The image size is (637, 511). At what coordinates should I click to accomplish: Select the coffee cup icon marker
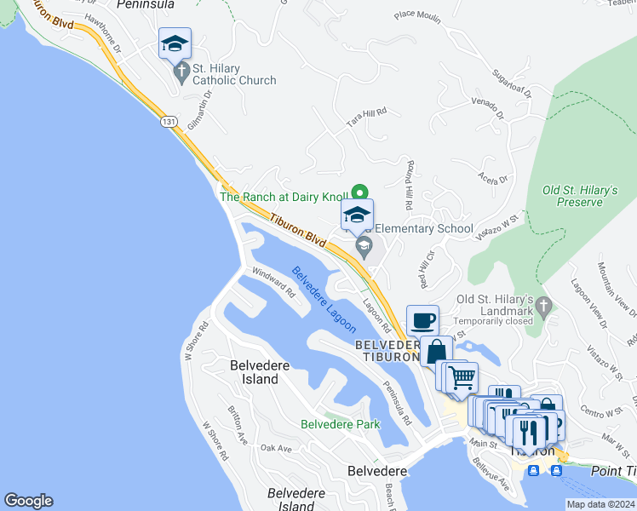tap(422, 321)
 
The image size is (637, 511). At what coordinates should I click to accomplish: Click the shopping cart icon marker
tap(462, 376)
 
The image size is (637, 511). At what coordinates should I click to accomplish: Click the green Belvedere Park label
tap(340, 423)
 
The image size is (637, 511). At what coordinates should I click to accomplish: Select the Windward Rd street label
tap(273, 283)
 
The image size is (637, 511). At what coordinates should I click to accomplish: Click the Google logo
tap(28, 501)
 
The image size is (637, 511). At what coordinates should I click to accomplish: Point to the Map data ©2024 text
tap(599, 504)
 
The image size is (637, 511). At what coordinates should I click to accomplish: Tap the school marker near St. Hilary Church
tap(175, 43)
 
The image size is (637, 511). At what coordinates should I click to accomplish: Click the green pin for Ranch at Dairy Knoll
tap(359, 192)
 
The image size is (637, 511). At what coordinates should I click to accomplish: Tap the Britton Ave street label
tap(237, 422)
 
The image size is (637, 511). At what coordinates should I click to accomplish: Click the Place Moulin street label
tap(417, 14)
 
